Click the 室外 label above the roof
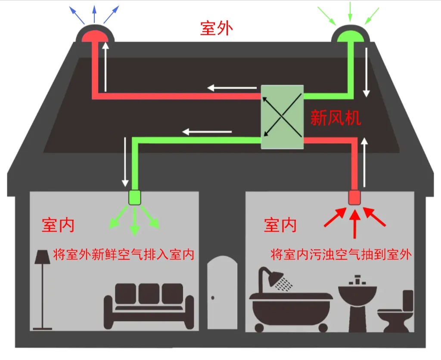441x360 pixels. click(x=217, y=28)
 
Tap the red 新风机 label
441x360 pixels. click(x=335, y=118)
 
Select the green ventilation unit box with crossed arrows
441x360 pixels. click(x=282, y=117)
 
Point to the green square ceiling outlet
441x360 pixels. click(x=134, y=197)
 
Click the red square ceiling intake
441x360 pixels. click(x=354, y=197)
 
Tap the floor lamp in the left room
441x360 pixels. click(x=43, y=290)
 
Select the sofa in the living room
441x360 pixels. click(x=149, y=306)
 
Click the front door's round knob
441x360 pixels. click(x=213, y=298)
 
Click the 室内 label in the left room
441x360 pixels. click(x=58, y=225)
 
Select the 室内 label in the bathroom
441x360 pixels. click(x=280, y=225)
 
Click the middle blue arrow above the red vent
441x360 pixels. click(x=94, y=14)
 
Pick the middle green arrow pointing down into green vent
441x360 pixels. click(x=350, y=12)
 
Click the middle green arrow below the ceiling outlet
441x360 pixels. click(x=135, y=221)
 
